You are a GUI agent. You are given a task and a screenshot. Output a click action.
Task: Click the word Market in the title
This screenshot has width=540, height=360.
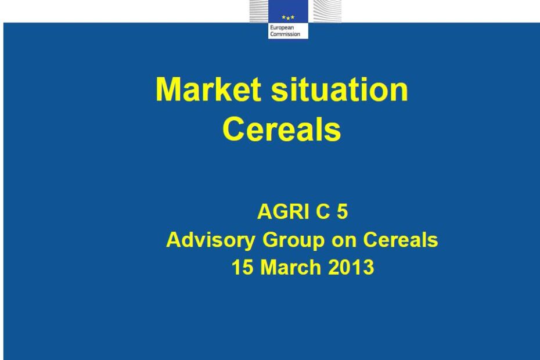[x=208, y=89]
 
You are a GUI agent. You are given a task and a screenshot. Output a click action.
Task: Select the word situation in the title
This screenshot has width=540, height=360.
[x=339, y=89]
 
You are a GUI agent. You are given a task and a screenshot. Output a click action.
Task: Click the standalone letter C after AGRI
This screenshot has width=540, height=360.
[x=323, y=211]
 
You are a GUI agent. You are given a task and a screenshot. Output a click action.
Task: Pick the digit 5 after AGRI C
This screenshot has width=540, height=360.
[x=343, y=211]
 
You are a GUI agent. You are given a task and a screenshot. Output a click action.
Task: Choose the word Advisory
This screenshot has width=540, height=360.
[x=211, y=240]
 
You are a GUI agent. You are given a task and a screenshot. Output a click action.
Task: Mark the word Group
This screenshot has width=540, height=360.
[x=293, y=240]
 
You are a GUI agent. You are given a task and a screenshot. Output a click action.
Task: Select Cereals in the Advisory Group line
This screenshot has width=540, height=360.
[x=401, y=240]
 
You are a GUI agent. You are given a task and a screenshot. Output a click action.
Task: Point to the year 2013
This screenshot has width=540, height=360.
[x=351, y=267]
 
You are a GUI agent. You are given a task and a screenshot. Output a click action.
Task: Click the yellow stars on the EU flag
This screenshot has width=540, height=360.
[x=288, y=17]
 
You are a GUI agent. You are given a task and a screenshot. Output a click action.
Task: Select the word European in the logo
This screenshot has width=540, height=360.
[x=282, y=28]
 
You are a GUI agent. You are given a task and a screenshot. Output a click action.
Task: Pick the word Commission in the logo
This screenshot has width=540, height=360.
[x=285, y=34]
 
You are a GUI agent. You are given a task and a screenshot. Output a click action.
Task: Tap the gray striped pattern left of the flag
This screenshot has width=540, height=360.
[x=259, y=11]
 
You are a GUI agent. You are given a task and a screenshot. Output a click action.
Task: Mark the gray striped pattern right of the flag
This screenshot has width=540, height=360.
[x=325, y=11]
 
